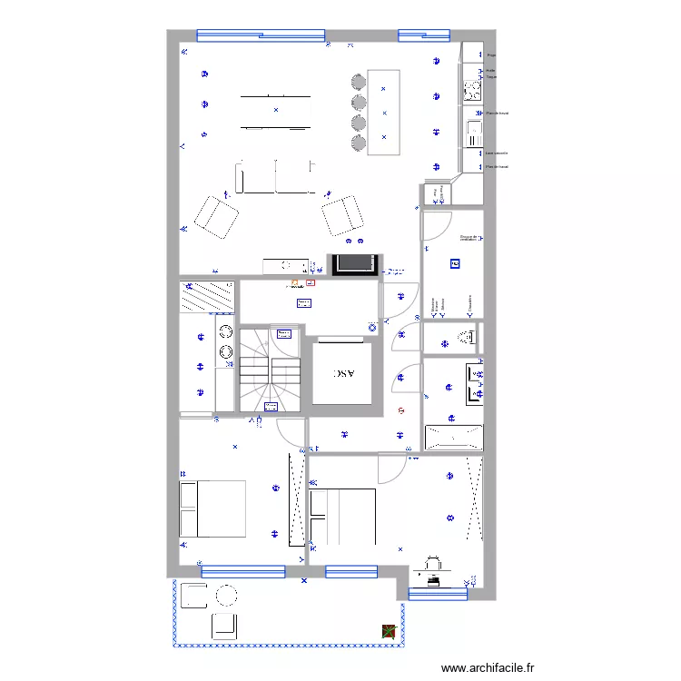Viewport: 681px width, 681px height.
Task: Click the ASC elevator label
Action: click(344, 372)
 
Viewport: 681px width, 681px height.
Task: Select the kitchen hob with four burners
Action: click(472, 89)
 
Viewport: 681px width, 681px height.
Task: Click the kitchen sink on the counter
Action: click(472, 134)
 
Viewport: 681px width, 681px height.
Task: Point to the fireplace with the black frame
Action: click(353, 264)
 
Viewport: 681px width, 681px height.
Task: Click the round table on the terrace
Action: click(225, 596)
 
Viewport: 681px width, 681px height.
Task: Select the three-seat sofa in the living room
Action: click(276, 177)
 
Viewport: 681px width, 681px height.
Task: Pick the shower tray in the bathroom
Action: click(453, 437)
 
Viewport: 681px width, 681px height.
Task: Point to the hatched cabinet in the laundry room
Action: click(208, 296)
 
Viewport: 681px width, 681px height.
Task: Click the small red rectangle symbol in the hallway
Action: click(311, 282)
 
